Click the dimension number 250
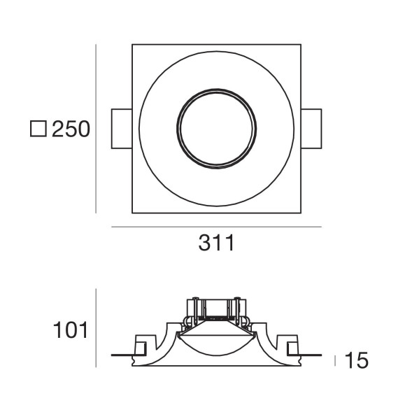point(71,129)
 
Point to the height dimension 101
point(71,330)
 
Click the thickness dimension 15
point(357,361)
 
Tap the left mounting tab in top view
point(122,129)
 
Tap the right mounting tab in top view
point(311,129)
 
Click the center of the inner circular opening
point(216,129)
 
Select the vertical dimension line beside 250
point(97,129)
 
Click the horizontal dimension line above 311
point(216,227)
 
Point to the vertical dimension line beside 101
point(97,327)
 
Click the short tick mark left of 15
point(335,360)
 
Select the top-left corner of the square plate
point(133,45)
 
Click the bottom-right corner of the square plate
point(300,212)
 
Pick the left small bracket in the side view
point(141,348)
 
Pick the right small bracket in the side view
point(292,348)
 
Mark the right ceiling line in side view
point(311,355)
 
